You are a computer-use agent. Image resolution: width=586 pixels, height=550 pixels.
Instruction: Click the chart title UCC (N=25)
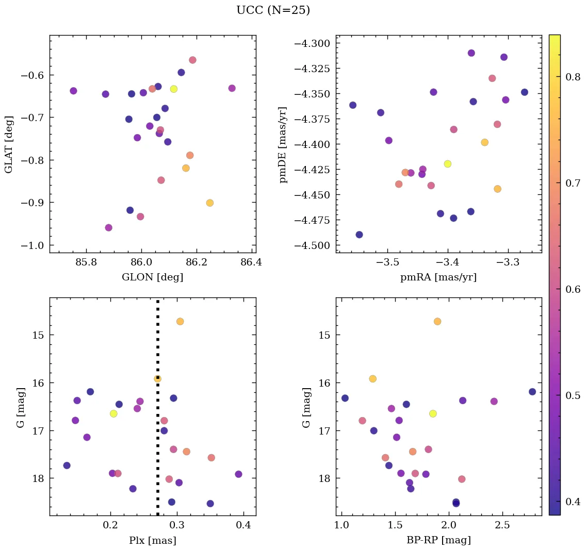(273, 10)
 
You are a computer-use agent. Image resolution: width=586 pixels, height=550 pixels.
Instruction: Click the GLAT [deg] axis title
(9, 144)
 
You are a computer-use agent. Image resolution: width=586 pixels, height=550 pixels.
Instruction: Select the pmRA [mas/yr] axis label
(438, 278)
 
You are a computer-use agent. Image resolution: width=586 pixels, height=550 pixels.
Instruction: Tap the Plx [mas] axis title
(152, 540)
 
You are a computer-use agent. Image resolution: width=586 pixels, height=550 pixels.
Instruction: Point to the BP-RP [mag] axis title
(438, 540)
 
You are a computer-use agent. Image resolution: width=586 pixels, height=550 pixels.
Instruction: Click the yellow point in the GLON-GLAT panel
(174, 89)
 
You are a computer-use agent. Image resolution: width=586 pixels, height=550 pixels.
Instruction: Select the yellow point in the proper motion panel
(448, 164)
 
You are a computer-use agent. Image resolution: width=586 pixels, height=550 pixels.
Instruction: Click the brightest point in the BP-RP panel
(437, 322)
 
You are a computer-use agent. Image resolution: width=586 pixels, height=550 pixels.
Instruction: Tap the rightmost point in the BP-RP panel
(532, 392)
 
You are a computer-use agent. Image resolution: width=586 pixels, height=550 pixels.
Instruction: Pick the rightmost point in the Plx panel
(238, 474)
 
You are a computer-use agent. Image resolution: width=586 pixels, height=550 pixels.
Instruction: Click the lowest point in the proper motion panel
(359, 235)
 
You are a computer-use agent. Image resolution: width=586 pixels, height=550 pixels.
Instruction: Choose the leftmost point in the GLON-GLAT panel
(73, 91)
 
